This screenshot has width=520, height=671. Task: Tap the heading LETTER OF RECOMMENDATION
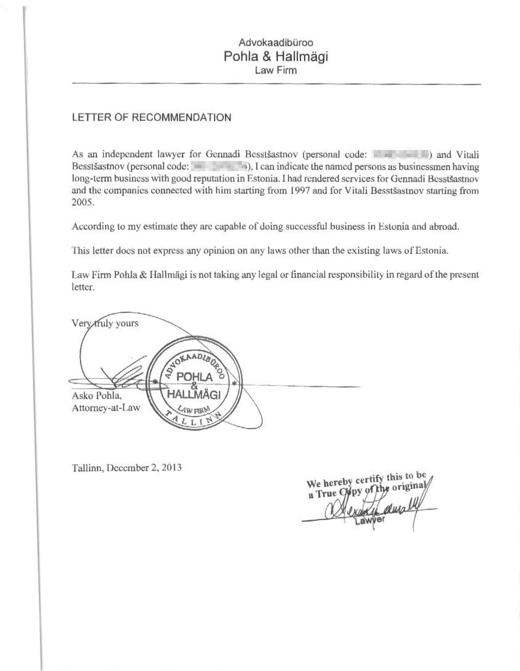click(151, 118)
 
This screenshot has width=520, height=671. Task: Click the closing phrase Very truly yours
click(105, 324)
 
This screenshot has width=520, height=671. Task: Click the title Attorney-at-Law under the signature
click(106, 408)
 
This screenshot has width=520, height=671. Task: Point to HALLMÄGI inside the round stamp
click(194, 395)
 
